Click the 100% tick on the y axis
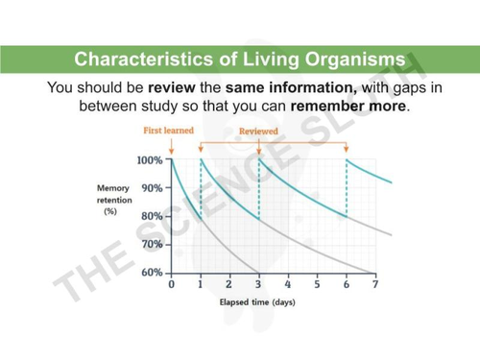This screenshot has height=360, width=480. coord(149,160)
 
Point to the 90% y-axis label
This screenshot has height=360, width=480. coord(152,188)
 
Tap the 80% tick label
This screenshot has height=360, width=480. coord(152,216)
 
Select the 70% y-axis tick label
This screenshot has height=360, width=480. coord(152,245)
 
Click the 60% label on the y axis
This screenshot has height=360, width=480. coord(152,273)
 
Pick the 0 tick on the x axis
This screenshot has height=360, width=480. coord(172,285)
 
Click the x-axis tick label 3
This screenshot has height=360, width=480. coord(258,285)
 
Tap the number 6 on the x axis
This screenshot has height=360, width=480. coord(346,285)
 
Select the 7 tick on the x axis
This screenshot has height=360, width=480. coord(375,285)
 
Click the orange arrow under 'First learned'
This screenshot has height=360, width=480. coord(171,146)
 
